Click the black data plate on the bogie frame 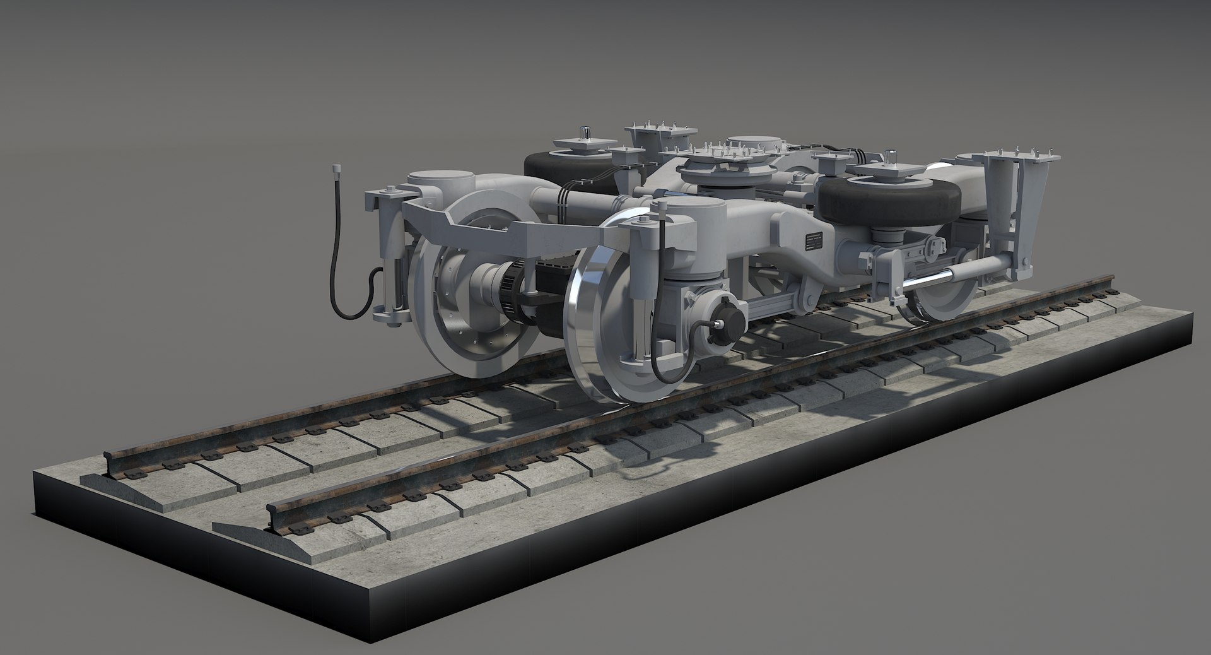[814, 243]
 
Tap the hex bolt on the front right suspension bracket [643, 220]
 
